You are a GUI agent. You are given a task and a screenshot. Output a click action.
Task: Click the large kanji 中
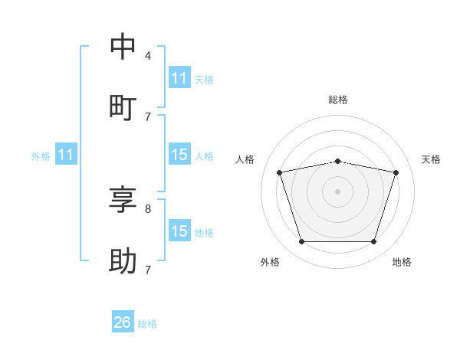(x=123, y=46)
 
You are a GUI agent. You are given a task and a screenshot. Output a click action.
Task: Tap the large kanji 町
(x=123, y=108)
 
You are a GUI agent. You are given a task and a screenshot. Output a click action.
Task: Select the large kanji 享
(x=123, y=199)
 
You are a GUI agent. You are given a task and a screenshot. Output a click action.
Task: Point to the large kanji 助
(x=123, y=260)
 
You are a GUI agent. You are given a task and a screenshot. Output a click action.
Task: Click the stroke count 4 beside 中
(x=148, y=56)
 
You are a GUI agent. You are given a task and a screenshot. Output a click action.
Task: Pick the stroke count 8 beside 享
(x=148, y=209)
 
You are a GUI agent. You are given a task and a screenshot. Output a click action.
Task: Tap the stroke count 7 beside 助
(x=148, y=270)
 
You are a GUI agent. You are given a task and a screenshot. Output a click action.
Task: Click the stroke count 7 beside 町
(x=148, y=117)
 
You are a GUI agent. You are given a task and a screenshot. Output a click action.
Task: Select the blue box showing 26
(x=123, y=321)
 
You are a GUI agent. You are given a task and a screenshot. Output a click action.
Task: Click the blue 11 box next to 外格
(x=66, y=154)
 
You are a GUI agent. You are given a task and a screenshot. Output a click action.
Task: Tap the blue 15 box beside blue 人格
(x=180, y=154)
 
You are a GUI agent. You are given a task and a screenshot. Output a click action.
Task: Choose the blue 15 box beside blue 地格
(x=180, y=230)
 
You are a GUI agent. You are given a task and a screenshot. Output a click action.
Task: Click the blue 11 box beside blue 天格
(x=180, y=77)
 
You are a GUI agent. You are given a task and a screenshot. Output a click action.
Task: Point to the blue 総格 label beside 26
(x=147, y=324)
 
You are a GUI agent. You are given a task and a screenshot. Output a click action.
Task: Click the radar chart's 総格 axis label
(x=338, y=100)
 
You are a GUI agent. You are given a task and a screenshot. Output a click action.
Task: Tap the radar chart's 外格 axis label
(x=270, y=262)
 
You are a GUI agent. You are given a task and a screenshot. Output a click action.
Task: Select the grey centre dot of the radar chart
(x=337, y=191)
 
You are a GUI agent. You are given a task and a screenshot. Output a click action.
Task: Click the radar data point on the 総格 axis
(x=337, y=162)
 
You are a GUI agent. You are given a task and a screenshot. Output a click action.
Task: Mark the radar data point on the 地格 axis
(x=373, y=241)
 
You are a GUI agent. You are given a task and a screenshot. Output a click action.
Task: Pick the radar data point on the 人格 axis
(x=280, y=172)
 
